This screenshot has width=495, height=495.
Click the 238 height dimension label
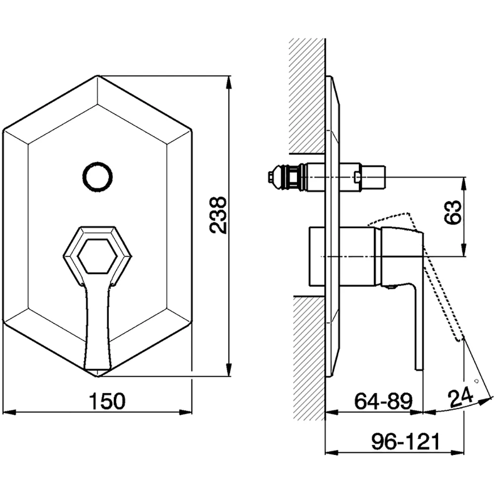(x=218, y=215)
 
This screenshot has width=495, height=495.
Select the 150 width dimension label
(x=107, y=401)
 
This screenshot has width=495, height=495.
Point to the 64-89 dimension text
(x=384, y=401)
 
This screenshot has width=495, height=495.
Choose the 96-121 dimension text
(x=406, y=442)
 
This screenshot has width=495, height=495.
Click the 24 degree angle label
(x=460, y=398)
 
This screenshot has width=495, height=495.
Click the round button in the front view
(x=98, y=177)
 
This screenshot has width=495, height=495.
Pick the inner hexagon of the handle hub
(x=97, y=256)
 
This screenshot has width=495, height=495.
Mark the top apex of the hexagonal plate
(x=98, y=75)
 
